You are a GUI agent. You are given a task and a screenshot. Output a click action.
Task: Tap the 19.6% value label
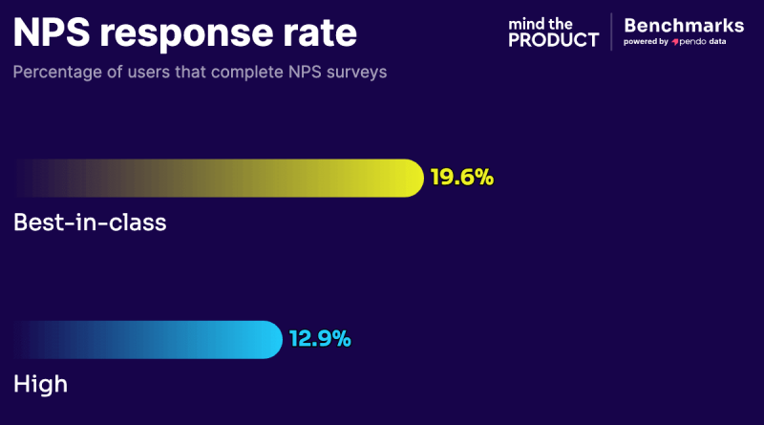pyautogui.click(x=461, y=177)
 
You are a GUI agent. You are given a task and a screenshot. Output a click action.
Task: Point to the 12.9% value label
pyautogui.click(x=320, y=338)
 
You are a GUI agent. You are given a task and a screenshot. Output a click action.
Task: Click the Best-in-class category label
pyautogui.click(x=90, y=223)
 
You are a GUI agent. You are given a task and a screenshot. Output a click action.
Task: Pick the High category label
pyautogui.click(x=40, y=384)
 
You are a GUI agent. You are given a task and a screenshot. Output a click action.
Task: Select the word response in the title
pyautogui.click(x=179, y=32)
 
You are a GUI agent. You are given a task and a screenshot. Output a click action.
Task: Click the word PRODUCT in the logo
pyautogui.click(x=554, y=40)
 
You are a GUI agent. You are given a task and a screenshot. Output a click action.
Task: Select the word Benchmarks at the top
pyautogui.click(x=683, y=25)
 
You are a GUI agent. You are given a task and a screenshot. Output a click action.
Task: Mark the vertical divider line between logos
pyautogui.click(x=611, y=32)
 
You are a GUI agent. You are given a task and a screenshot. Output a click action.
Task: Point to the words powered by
pyautogui.click(x=646, y=42)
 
